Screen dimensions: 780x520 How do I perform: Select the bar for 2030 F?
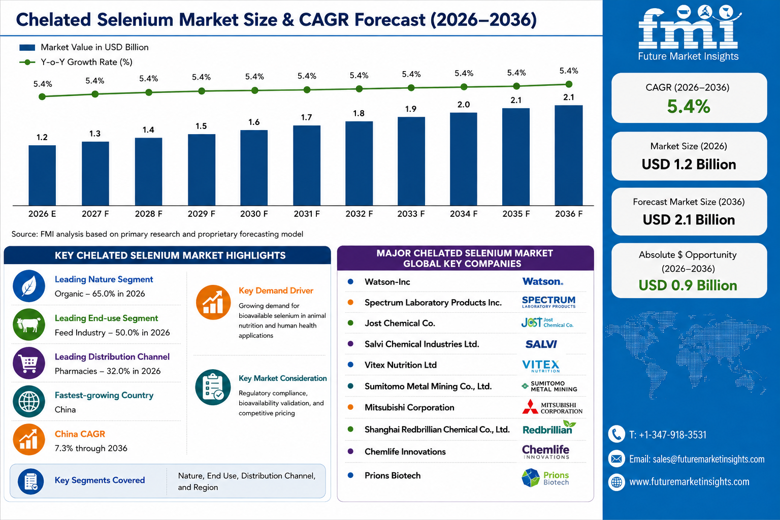point(254,168)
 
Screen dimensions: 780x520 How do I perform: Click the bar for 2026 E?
point(42,176)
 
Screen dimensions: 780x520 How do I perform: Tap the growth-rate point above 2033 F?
point(411,88)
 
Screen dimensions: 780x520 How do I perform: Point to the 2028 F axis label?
point(148,214)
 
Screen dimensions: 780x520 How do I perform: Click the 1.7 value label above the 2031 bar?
point(306,117)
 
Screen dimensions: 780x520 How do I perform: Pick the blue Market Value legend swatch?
point(27,47)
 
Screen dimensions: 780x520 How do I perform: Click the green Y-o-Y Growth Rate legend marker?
point(27,62)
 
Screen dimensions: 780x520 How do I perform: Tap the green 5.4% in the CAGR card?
point(689,106)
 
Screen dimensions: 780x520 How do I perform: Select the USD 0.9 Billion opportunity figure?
point(688,285)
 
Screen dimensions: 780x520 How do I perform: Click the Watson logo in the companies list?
point(542,281)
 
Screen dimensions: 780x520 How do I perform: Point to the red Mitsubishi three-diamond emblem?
point(530,406)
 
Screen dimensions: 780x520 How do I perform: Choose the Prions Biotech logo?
point(545,477)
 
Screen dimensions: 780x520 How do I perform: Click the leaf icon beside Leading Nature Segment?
point(29,286)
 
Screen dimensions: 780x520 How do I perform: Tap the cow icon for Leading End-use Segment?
point(29,324)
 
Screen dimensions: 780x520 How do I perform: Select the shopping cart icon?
point(29,363)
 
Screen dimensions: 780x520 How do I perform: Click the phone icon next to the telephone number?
point(616,434)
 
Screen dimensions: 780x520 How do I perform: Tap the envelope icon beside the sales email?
point(616,459)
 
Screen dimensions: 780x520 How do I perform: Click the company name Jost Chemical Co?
point(400,323)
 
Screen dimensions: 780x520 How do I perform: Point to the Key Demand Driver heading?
point(276,290)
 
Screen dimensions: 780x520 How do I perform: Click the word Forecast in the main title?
point(390,19)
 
